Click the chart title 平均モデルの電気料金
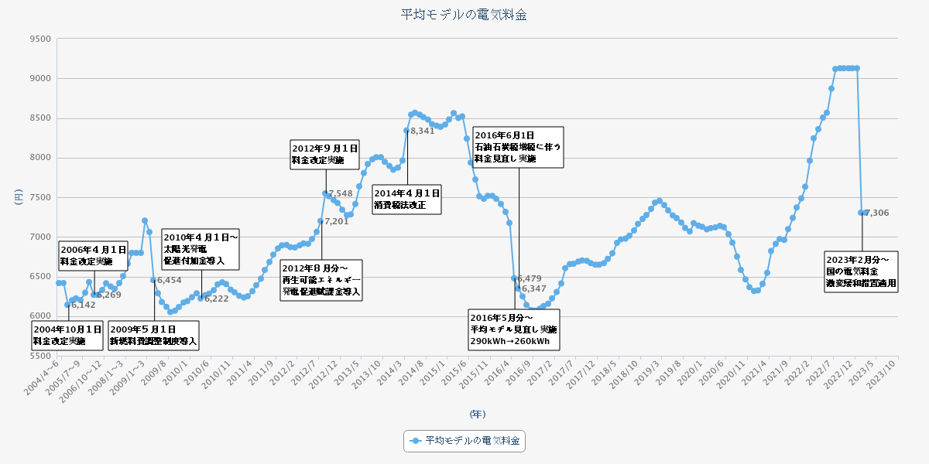464,15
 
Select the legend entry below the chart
464,441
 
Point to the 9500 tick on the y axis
39,39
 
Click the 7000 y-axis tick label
39,237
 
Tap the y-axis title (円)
19,197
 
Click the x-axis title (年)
478,415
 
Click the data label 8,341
423,131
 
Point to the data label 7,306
877,213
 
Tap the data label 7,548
341,193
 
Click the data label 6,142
83,305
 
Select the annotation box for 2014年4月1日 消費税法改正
406,199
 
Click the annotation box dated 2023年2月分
862,271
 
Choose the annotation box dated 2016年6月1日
518,147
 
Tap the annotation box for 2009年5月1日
153,334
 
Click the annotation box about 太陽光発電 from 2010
201,249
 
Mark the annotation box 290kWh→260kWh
513,329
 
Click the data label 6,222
216,299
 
